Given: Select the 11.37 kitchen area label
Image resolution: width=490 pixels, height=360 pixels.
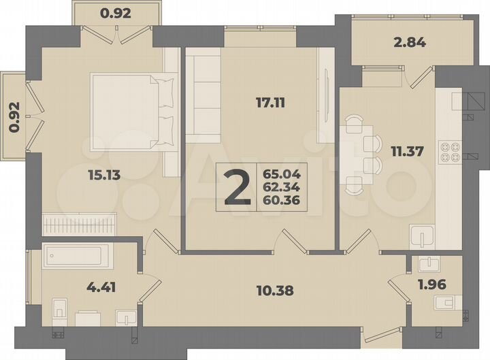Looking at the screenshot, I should [x=406, y=151].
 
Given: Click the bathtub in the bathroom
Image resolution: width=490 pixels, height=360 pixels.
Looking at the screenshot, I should [x=74, y=257].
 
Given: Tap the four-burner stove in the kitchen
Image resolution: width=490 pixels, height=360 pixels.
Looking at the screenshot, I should [x=450, y=150].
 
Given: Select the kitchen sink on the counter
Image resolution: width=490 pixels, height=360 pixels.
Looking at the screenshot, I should [x=424, y=238].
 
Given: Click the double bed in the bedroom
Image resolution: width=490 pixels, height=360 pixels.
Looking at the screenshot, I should [x=133, y=112].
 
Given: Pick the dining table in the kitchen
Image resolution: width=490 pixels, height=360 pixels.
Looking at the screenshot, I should [x=354, y=154].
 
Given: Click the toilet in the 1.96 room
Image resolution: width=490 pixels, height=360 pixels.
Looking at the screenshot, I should [x=449, y=303].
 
